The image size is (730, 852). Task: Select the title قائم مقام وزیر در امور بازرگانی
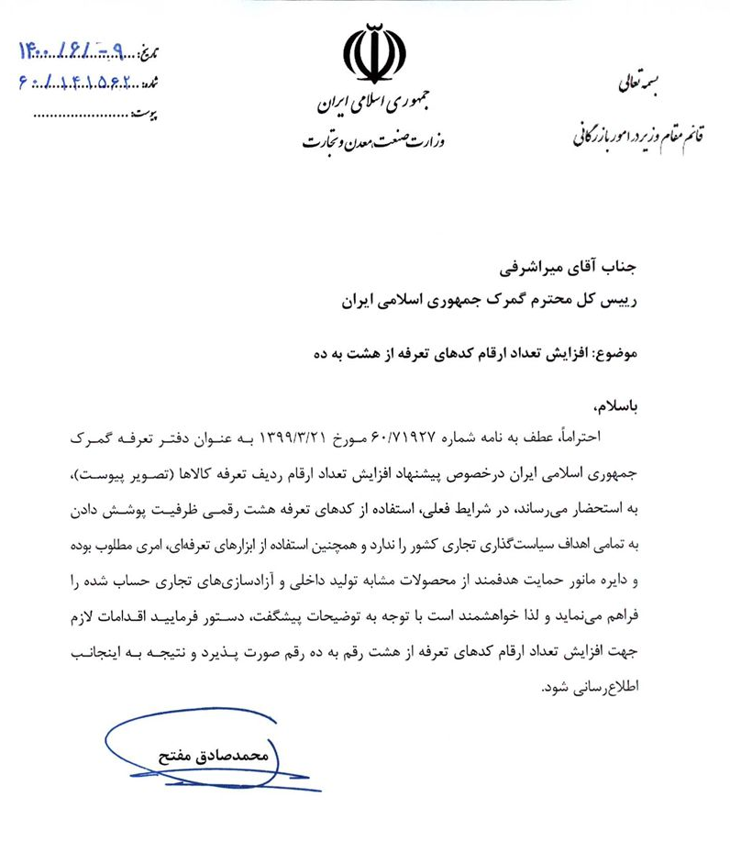[x=636, y=136]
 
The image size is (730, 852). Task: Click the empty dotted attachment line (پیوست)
[x=83, y=116]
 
